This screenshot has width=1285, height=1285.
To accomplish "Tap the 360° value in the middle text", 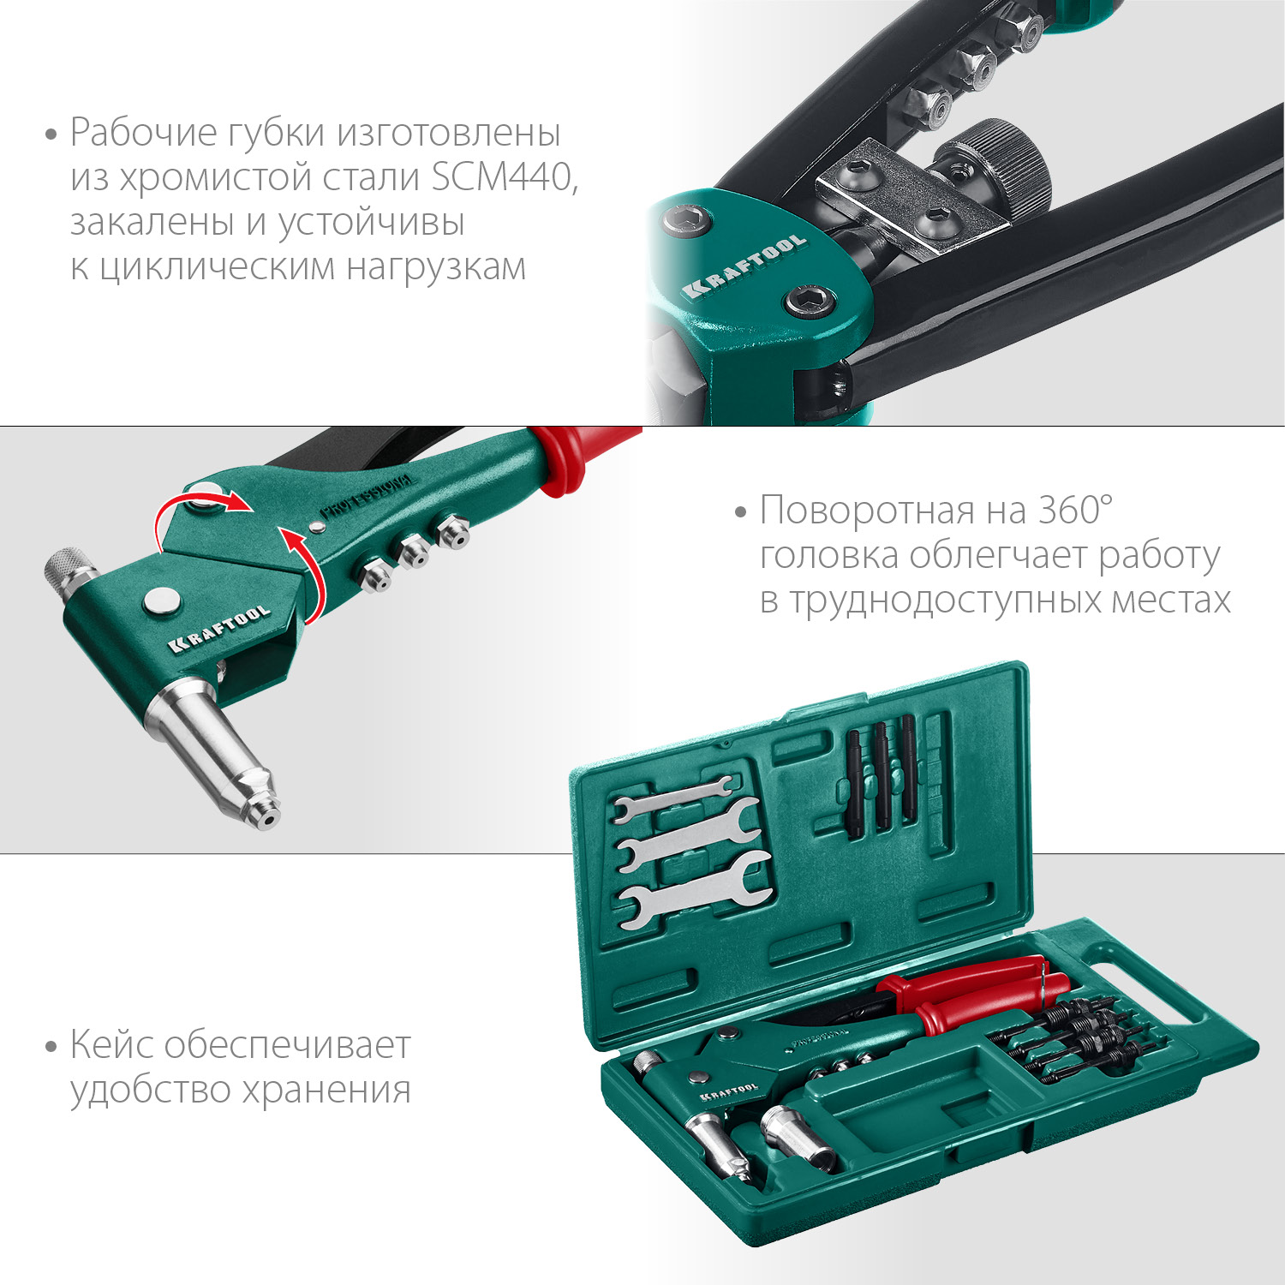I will [x=1075, y=510].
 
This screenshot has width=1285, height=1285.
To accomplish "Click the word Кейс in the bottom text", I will [x=111, y=1045].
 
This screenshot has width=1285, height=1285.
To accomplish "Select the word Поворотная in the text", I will [x=867, y=510].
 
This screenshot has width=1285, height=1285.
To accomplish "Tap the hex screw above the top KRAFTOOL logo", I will [x=686, y=222].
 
